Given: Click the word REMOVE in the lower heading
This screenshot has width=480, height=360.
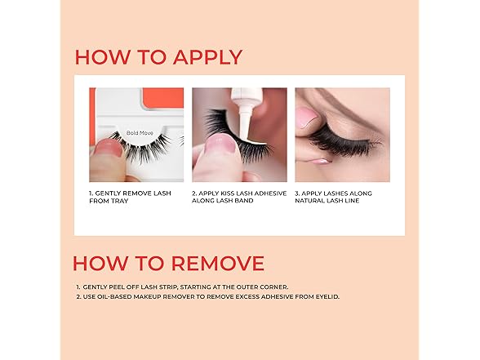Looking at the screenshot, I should pyautogui.click(x=218, y=263).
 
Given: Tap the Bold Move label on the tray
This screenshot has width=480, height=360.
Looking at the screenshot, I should pyautogui.click(x=140, y=131).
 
